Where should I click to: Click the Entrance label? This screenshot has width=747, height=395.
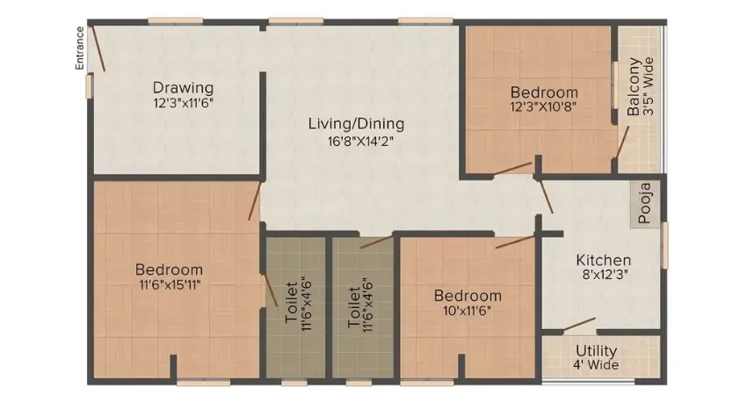point(80,48)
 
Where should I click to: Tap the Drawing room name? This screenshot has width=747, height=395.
point(183,87)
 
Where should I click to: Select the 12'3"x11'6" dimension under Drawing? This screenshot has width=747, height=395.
point(183,102)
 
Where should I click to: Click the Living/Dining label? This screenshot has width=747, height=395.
point(356,123)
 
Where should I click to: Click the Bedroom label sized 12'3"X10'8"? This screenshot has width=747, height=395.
point(545,91)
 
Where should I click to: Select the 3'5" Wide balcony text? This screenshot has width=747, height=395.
point(649,88)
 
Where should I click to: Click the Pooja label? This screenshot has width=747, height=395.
point(645,203)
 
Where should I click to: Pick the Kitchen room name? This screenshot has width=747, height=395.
point(603,260)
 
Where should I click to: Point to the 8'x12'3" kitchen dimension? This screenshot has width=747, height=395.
point(603,275)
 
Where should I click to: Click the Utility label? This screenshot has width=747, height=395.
point(598,350)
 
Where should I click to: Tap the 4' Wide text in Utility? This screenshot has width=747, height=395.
point(598,364)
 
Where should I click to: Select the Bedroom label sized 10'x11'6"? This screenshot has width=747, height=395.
point(468,296)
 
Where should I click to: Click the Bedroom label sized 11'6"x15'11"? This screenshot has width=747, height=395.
point(170,269)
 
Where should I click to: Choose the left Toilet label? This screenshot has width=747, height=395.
point(292,304)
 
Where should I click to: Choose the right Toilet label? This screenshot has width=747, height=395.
point(355,304)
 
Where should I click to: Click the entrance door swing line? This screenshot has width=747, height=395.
point(99,52)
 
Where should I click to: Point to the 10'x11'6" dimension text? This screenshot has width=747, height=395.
point(468,311)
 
